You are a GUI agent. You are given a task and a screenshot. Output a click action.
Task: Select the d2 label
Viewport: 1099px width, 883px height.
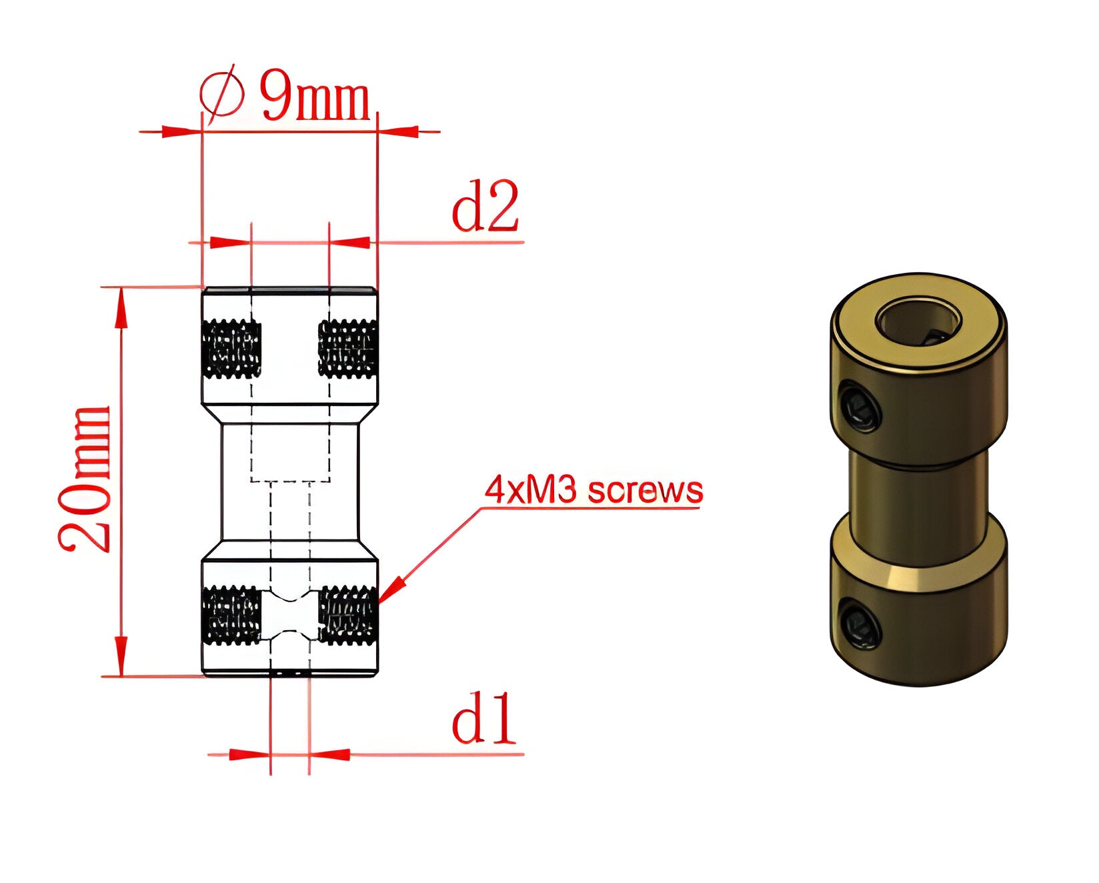485,206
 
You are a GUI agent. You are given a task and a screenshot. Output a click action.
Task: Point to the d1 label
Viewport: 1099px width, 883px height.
484,718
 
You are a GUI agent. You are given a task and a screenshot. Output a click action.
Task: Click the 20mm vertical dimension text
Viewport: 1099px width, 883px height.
85,479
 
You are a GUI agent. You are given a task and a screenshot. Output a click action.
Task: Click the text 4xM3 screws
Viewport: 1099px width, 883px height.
594,490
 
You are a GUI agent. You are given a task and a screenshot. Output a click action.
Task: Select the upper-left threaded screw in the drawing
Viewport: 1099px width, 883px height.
231,349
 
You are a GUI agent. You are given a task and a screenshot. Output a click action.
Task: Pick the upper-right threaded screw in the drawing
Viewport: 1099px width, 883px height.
347,349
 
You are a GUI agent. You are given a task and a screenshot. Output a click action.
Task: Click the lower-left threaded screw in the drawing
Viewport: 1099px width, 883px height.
231,616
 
